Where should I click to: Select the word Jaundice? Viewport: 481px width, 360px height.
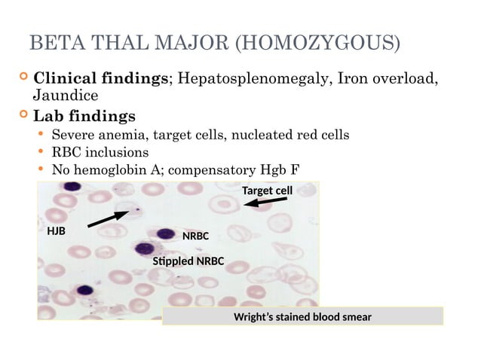(66, 96)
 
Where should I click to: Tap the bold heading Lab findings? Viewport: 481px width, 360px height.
(84, 117)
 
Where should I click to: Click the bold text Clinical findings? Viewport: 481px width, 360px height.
(103, 79)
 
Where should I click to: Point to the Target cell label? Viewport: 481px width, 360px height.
(267, 191)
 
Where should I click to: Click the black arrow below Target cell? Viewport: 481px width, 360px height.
(265, 203)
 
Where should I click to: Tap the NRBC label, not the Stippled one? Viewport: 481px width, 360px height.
(195, 236)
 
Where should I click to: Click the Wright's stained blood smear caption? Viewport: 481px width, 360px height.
(302, 316)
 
